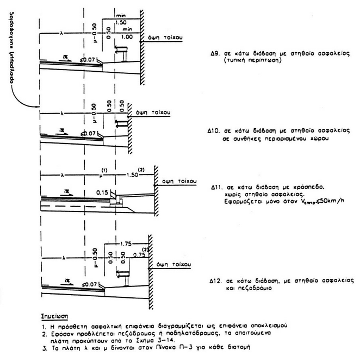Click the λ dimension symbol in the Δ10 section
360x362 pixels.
64,114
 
